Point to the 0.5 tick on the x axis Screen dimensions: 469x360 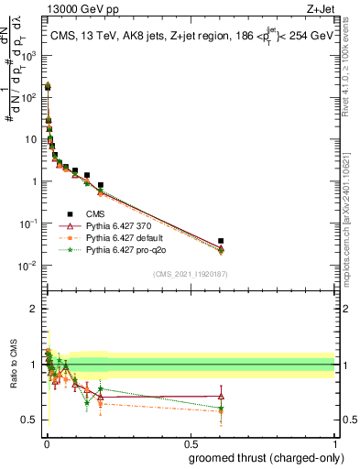coord(190,442)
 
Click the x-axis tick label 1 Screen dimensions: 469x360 coord(334,442)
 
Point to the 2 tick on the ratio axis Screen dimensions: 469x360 coord(35,309)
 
